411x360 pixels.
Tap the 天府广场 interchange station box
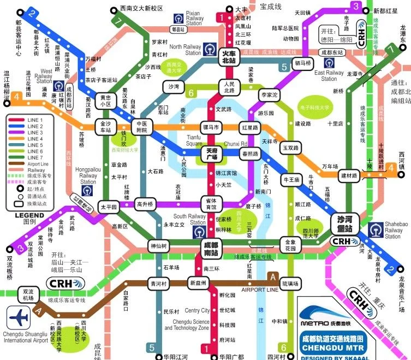(210, 154)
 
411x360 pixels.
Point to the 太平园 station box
(109, 208)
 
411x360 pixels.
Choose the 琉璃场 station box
(290, 283)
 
